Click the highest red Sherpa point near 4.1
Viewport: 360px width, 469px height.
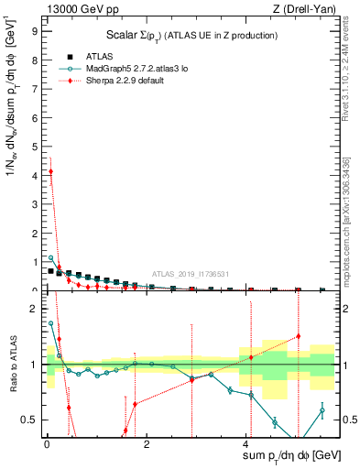coord(50,171)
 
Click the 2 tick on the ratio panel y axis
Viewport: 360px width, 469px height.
coord(37,309)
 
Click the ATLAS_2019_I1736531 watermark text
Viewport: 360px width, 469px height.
coord(191,273)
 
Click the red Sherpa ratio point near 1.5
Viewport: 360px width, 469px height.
coord(299,336)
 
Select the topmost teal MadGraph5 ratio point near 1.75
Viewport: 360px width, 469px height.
coord(50,323)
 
